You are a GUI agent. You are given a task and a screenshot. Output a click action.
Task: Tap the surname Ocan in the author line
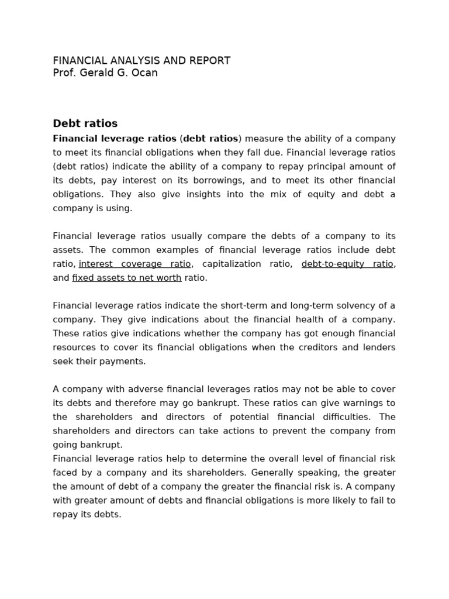tap(145, 73)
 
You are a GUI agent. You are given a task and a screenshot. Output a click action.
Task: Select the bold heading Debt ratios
tap(85, 123)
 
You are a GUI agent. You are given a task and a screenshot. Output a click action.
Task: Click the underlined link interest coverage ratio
tap(134, 264)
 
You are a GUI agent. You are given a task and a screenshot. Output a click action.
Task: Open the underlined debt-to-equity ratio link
tap(347, 264)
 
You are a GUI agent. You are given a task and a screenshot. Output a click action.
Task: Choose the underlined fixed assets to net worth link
tap(127, 278)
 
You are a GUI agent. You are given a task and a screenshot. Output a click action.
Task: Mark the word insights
tap(203, 194)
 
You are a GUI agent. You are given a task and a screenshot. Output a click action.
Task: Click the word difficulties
tap(340, 417)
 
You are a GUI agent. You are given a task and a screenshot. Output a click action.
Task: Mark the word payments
tap(123, 362)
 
